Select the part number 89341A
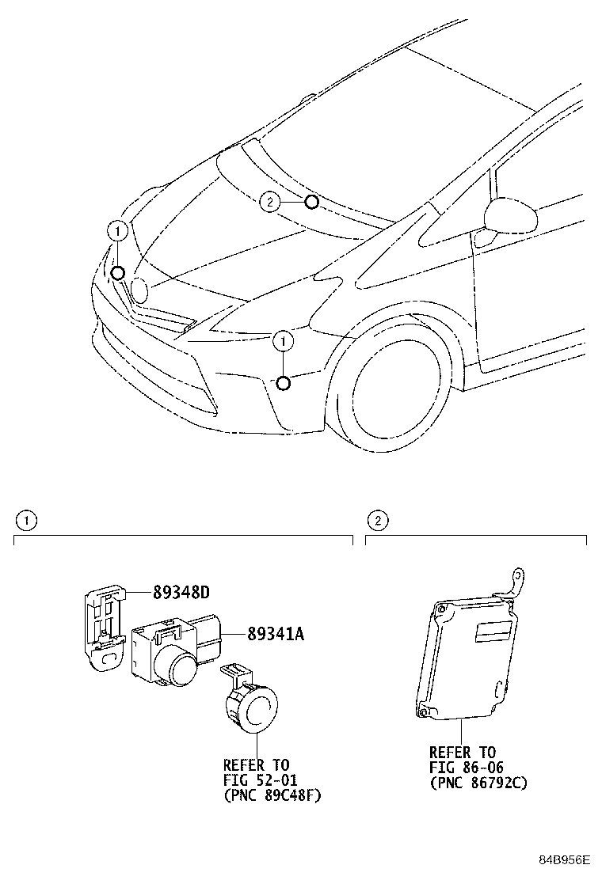coord(254,634)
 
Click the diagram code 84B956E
coord(566,860)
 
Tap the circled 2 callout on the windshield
coord(269,203)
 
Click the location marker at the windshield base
coord(311,203)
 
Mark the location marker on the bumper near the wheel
coord(283,384)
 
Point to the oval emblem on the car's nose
coord(139,290)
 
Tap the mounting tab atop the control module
coord(516,584)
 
